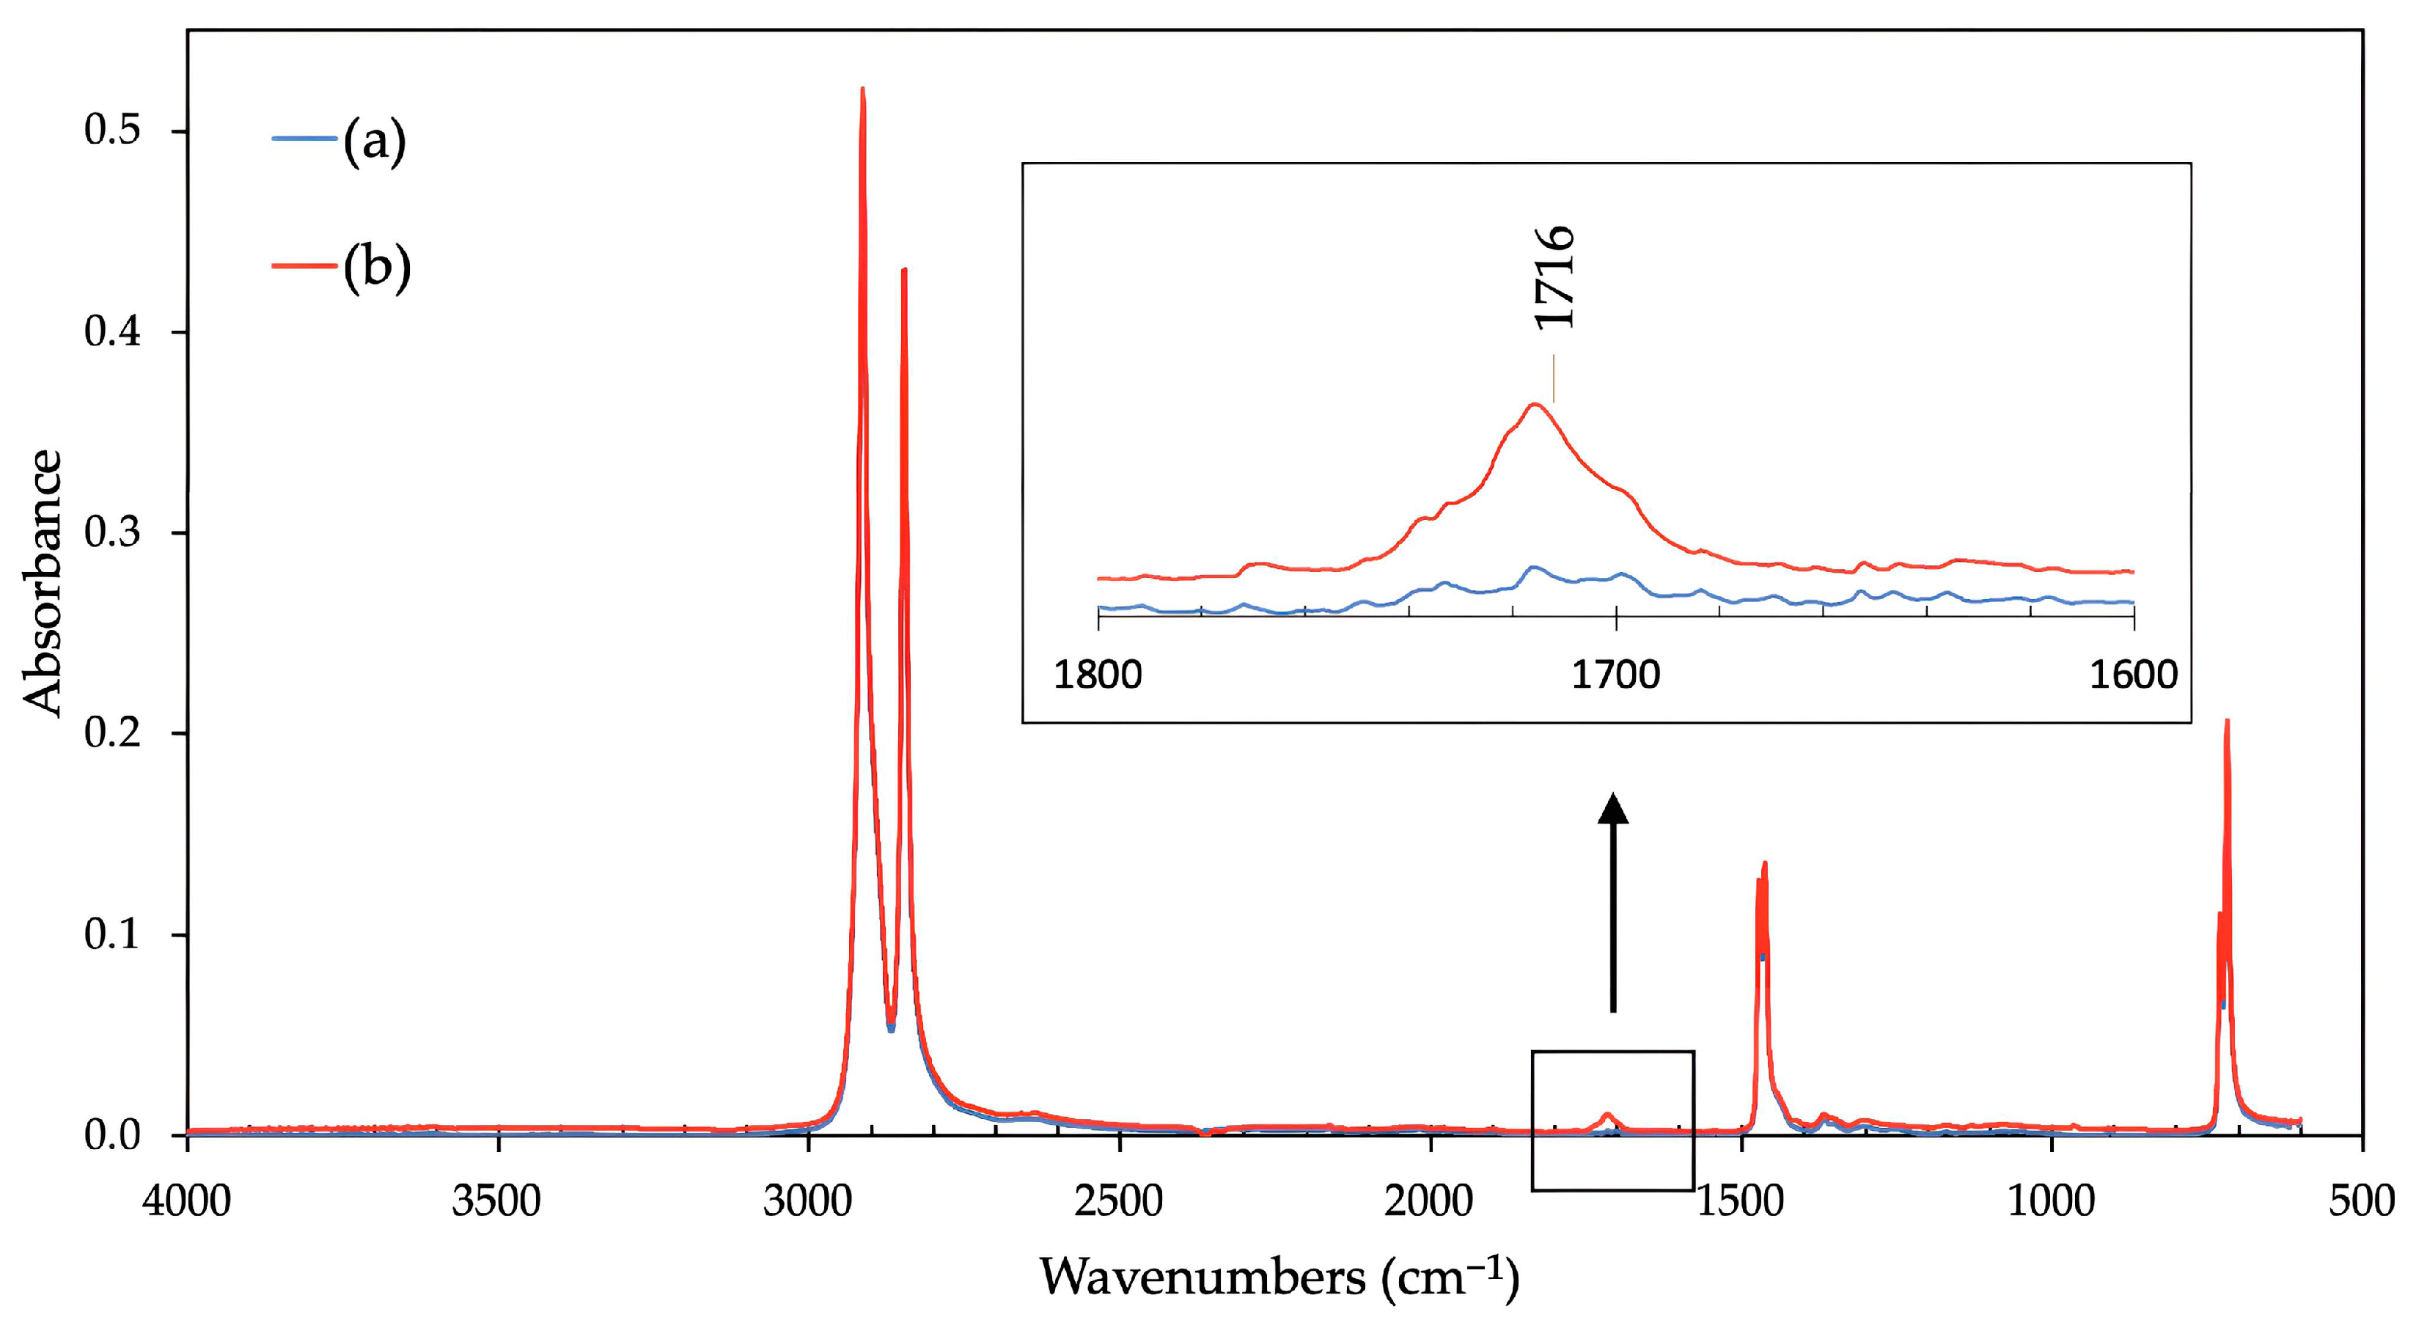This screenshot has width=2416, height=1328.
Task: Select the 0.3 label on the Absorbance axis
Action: point(111,532)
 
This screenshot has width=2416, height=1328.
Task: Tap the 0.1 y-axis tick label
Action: point(111,934)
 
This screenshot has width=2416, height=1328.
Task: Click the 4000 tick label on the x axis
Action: point(187,1200)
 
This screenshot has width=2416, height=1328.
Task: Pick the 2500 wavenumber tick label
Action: point(1119,1200)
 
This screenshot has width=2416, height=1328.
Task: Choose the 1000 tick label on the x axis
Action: point(2051,1200)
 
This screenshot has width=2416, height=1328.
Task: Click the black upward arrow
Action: point(1613,901)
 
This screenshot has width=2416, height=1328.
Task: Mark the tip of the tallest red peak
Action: point(862,89)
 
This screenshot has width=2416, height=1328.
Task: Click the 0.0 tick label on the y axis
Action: point(111,1135)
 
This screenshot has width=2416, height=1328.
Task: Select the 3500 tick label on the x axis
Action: point(497,1200)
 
